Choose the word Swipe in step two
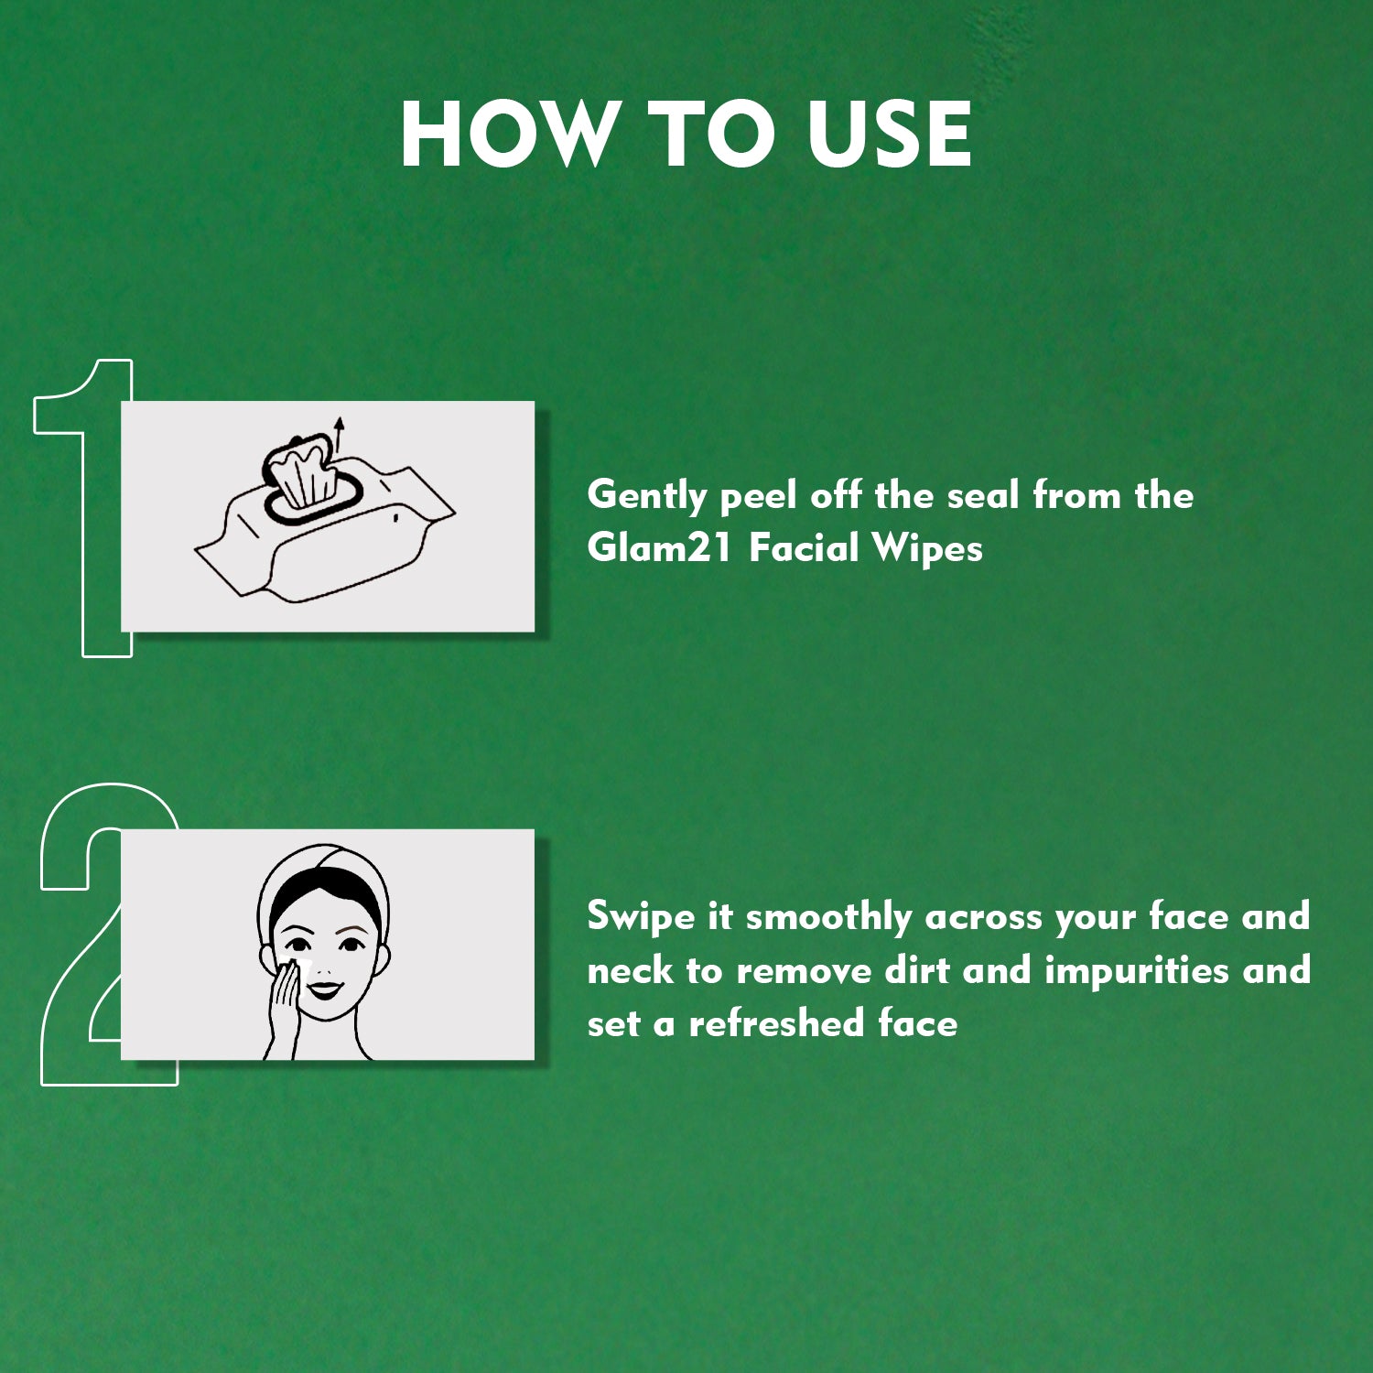(x=640, y=917)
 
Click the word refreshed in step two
(x=776, y=1023)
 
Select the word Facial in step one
(x=804, y=548)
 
